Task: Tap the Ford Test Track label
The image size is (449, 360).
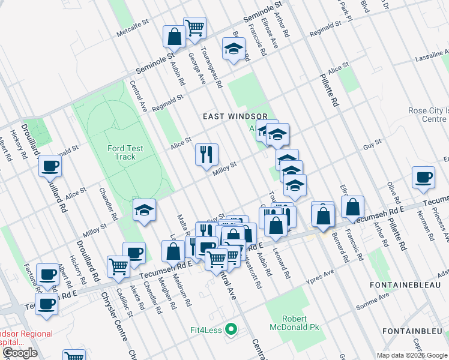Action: click(121, 152)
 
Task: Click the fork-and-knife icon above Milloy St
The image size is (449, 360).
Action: click(206, 155)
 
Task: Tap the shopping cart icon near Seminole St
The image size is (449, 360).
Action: click(194, 26)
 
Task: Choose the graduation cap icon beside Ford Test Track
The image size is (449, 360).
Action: click(144, 210)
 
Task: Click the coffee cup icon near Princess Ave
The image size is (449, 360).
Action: click(424, 177)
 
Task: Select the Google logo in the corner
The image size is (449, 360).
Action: click(20, 353)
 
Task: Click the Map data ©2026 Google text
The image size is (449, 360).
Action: click(412, 355)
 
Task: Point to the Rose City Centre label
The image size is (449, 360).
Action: click(428, 115)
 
